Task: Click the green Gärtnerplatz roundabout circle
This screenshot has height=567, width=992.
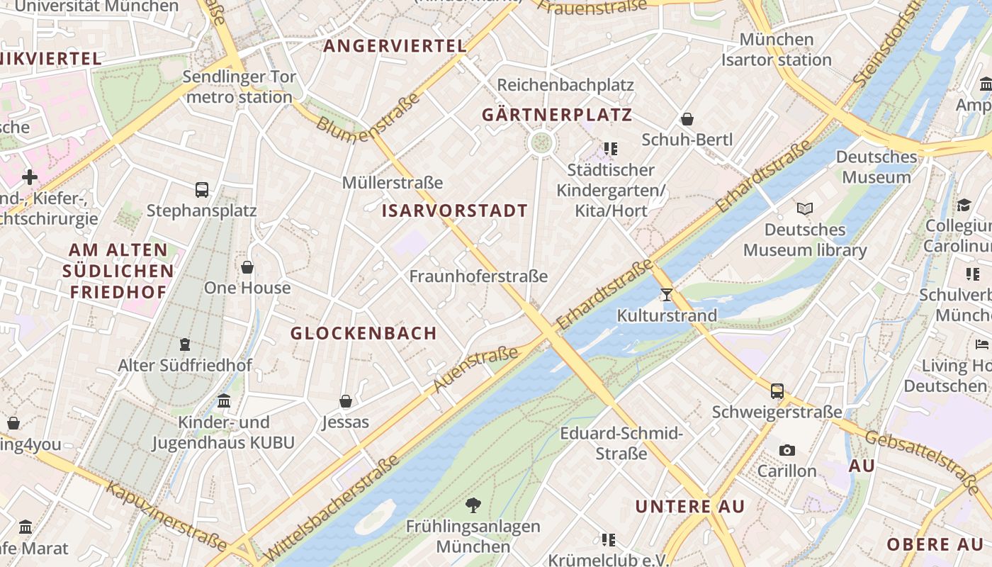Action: coord(541,142)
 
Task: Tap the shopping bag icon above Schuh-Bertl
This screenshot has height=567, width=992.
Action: coord(687,119)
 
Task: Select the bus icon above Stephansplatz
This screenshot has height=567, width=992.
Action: coord(202,190)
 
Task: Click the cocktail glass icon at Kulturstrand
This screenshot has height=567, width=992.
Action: coord(666,294)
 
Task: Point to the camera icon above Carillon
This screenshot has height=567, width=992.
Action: coord(787,451)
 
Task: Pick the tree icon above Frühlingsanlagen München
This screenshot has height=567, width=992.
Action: coord(473,505)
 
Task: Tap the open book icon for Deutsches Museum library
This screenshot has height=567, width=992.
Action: coord(804,209)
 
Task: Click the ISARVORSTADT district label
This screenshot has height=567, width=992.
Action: coord(454,210)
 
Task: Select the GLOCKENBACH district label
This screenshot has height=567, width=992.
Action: coord(363,333)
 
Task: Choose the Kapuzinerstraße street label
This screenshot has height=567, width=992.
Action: coord(167,516)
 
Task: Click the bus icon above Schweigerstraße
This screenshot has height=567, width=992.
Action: coord(777,391)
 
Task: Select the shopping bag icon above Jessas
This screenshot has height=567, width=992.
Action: coord(346,402)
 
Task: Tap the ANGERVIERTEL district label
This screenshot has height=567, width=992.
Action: coord(395,46)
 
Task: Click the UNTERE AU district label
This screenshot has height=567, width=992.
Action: coord(689,507)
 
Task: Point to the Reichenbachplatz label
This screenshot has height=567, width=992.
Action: coord(565,85)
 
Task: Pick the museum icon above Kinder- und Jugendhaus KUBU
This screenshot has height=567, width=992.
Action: coord(224,401)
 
